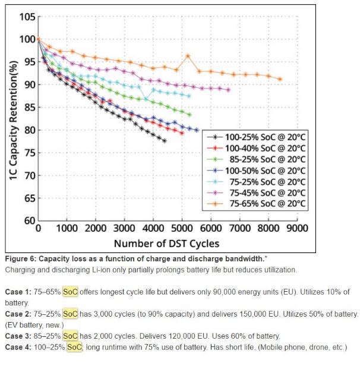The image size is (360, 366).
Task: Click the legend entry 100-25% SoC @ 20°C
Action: click(x=261, y=136)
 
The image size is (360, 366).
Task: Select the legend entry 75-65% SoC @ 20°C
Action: click(x=261, y=204)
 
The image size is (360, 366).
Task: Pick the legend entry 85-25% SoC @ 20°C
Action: click(x=261, y=159)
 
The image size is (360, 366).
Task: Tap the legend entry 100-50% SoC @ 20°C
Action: click(x=261, y=170)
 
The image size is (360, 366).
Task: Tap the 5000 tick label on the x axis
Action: click(x=182, y=228)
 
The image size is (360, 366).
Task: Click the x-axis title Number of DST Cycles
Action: click(x=168, y=243)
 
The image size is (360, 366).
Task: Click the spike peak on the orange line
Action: click(x=188, y=56)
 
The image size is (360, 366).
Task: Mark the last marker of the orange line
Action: click(x=280, y=79)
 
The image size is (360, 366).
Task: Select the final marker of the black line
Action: click(x=165, y=141)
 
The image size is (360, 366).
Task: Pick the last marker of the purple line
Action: click(x=228, y=90)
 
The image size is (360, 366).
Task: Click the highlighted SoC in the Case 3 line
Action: click(x=70, y=335)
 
